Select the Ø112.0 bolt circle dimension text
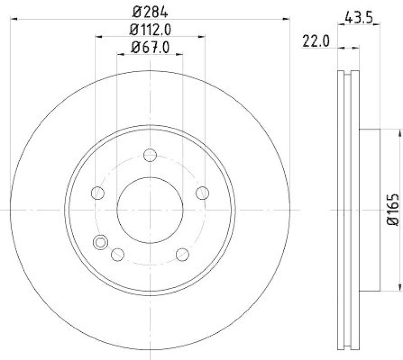click(150, 30)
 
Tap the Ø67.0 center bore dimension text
click(150, 48)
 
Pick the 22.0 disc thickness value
click(316, 42)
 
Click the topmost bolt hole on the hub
click(150, 155)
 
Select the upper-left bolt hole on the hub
click(97, 193)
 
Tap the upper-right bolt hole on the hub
click(202, 193)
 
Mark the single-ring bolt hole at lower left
click(117, 254)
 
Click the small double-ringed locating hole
click(100, 243)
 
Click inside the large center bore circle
click(150, 209)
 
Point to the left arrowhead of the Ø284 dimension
click(13, 19)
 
